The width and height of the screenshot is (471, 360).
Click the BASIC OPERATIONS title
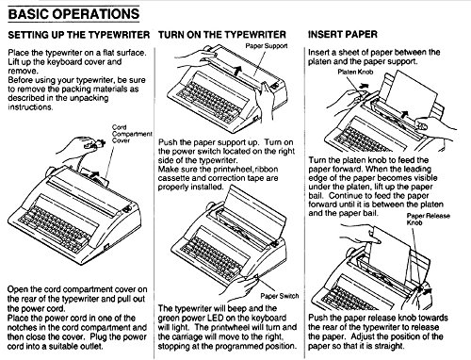pos(73,14)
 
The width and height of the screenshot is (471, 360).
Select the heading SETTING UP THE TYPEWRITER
pos(79,35)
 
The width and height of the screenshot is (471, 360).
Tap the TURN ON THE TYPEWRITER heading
pos(222,34)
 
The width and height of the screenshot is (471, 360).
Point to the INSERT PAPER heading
pos(343,34)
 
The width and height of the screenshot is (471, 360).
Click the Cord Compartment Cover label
pos(132,134)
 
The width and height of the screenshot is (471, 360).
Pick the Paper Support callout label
pos(267,46)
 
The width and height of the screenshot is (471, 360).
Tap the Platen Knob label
pos(355,72)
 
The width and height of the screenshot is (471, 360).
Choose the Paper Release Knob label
pos(428,219)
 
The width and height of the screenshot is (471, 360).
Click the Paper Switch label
pos(280,296)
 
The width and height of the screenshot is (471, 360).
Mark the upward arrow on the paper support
pos(238,70)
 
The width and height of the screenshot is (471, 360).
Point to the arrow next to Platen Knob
pos(364,85)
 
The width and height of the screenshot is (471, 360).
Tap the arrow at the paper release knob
pos(427,291)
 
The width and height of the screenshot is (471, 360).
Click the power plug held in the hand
pos(95,144)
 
